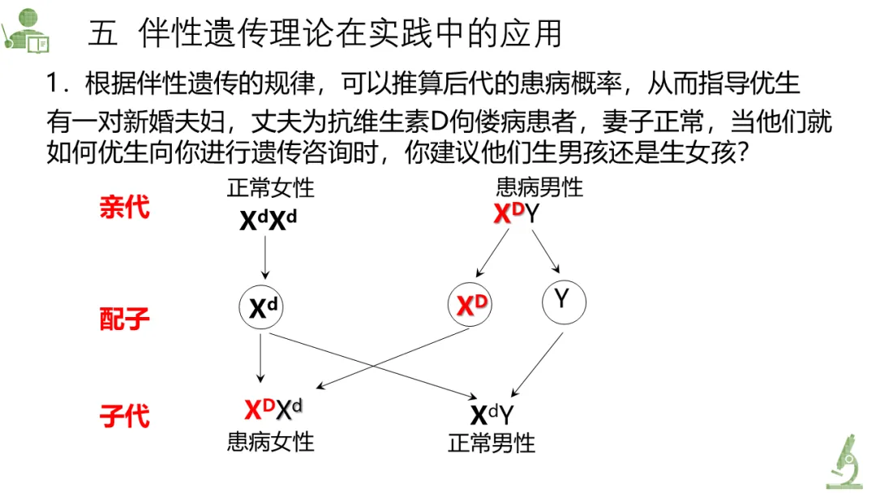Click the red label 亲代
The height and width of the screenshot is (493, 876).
pos(124,208)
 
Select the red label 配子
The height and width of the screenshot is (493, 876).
pos(124,319)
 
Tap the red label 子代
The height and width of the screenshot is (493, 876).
pos(124,417)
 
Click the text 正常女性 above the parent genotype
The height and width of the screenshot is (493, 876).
pos(270,189)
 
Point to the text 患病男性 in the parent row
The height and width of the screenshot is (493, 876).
pos(539,189)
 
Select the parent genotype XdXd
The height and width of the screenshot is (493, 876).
pos(268,220)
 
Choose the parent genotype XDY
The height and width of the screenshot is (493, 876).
pos(517,215)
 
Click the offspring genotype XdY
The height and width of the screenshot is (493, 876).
pos(492,414)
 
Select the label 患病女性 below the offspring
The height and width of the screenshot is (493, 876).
pos(270,442)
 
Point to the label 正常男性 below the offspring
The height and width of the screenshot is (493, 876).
pos(492,444)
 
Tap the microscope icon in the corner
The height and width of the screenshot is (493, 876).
pos(847,461)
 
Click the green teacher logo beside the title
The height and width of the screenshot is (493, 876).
pos(26,31)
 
